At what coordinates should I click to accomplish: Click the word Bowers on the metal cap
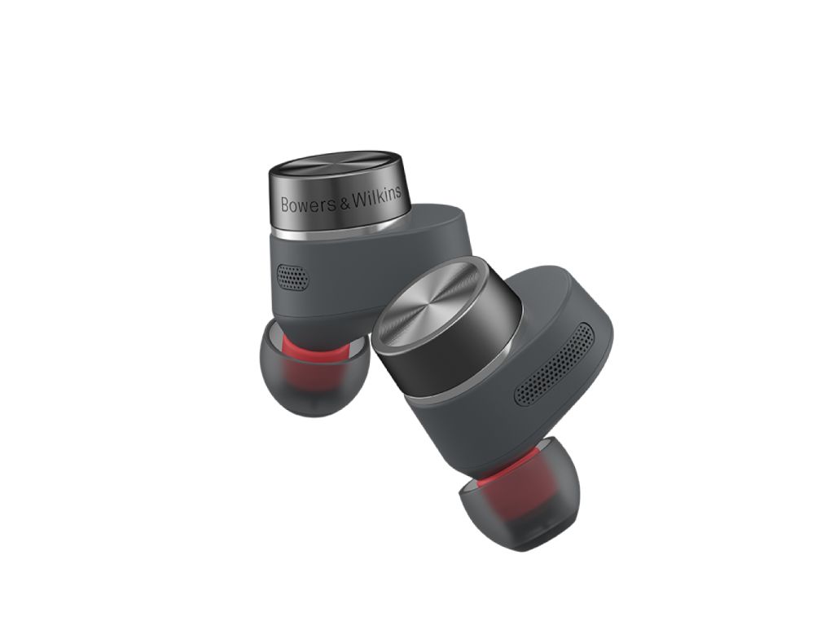(x=307, y=204)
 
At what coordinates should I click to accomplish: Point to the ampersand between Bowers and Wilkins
(x=342, y=203)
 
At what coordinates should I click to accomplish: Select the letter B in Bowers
(x=286, y=205)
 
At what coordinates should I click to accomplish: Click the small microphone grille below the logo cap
(x=294, y=276)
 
